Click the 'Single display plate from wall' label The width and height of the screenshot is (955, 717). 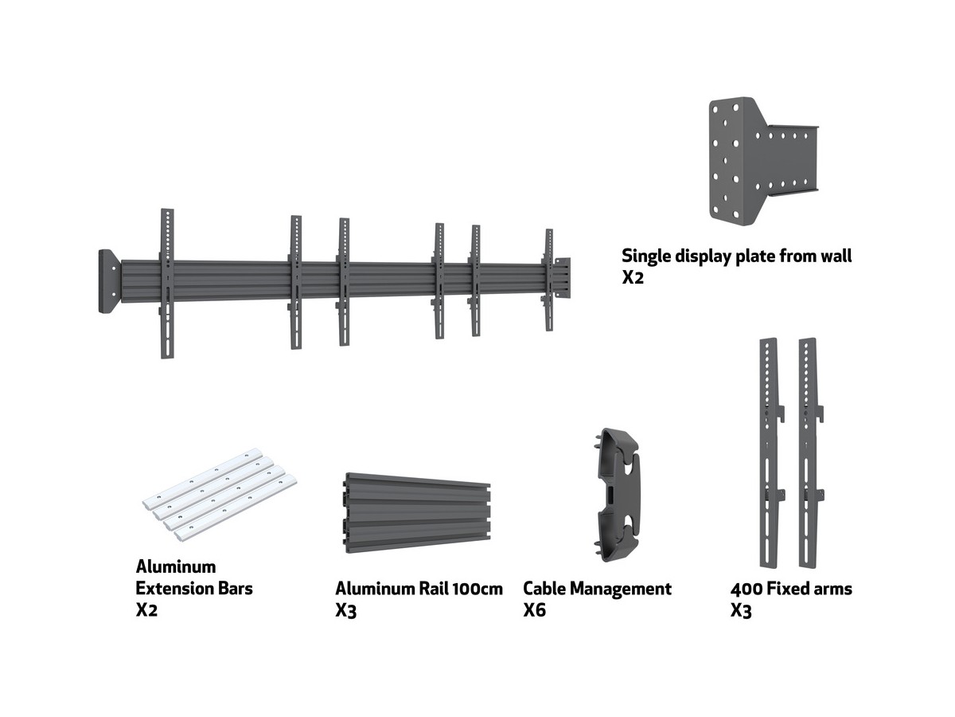736,257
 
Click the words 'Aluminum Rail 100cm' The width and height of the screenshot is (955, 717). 419,589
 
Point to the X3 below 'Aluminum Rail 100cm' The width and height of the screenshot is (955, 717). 346,611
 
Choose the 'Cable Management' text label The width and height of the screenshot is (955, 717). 597,589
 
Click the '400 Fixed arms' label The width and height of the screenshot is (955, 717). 791,589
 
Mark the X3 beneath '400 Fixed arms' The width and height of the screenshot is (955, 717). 741,611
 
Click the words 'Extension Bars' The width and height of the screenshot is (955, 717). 194,589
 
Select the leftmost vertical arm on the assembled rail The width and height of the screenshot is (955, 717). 166,283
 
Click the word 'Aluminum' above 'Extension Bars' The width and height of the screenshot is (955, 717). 176,567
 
